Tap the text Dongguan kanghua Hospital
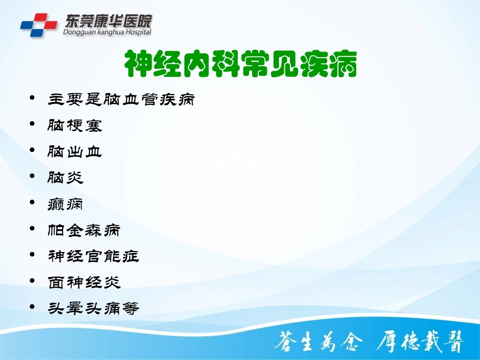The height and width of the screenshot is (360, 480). [107, 32]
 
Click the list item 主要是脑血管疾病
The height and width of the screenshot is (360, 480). [121, 98]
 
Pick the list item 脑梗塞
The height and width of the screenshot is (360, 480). [75, 125]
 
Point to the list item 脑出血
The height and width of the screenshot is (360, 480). [75, 150]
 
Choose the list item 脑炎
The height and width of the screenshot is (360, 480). [66, 177]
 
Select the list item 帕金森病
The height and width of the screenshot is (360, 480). [84, 230]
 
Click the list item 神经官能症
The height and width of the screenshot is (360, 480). [93, 256]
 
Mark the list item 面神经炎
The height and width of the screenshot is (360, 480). [84, 282]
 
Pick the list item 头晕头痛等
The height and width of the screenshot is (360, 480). [93, 307]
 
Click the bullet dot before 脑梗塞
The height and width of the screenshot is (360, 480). [33, 123]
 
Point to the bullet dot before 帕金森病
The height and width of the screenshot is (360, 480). [33, 228]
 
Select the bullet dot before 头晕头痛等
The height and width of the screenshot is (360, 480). [33, 306]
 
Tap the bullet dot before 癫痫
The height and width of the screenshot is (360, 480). [33, 202]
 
